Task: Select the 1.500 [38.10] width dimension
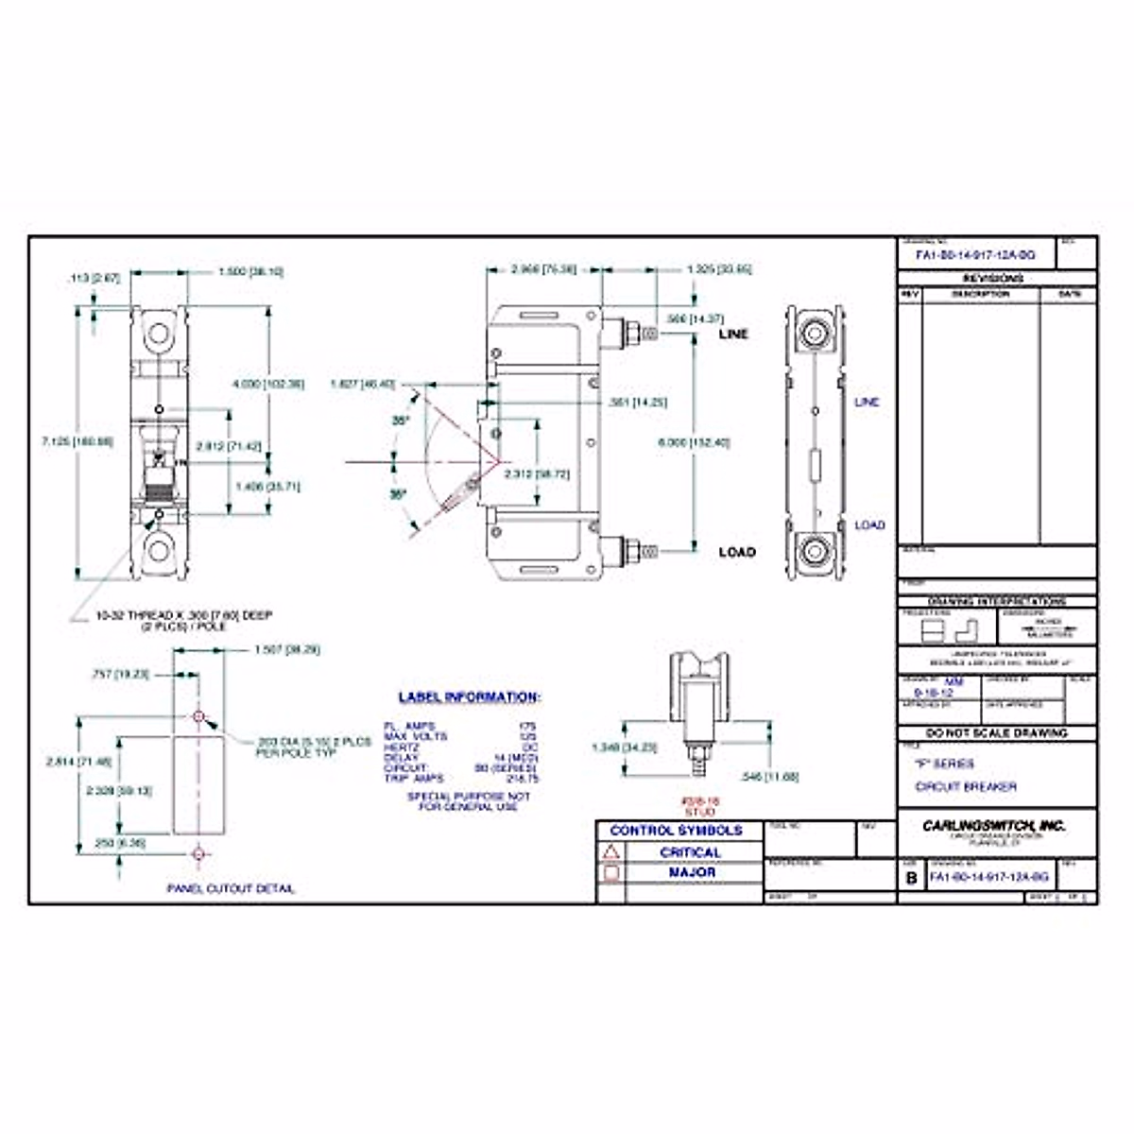click(250, 272)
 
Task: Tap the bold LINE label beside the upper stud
click(733, 334)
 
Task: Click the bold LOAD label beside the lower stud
click(737, 552)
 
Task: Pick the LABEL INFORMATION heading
click(469, 697)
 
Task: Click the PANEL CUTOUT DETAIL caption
click(232, 889)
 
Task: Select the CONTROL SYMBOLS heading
click(677, 831)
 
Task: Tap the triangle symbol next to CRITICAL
click(611, 852)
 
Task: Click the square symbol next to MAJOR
click(611, 873)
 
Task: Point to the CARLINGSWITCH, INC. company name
click(994, 825)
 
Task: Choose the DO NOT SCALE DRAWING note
click(997, 733)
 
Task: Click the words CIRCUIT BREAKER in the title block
click(966, 786)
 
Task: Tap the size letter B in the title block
click(911, 878)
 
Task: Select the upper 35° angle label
click(401, 421)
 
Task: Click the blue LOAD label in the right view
click(869, 524)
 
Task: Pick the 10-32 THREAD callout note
click(184, 620)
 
